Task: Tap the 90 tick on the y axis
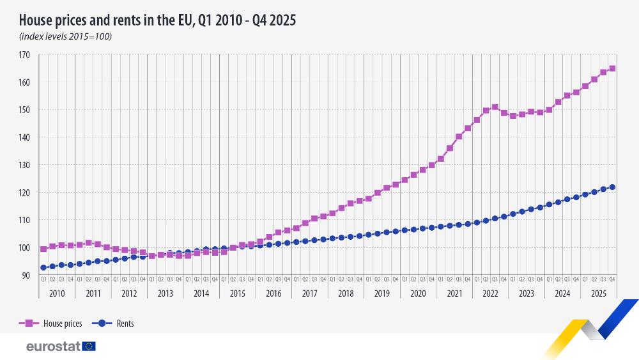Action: pos(26,275)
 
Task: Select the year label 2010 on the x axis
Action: pos(57,293)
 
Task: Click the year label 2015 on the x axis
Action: pos(237,293)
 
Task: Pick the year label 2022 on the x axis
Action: pos(490,293)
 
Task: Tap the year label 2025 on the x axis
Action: pos(598,293)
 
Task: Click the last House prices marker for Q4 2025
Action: pos(612,68)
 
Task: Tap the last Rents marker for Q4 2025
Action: pos(612,187)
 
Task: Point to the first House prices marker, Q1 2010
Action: pos(43,249)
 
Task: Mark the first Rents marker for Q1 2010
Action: pos(43,267)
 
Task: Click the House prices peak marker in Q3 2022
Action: pos(495,107)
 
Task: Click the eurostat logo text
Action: pos(53,346)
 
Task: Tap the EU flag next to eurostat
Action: pos(88,346)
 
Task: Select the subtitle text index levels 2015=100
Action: pos(65,36)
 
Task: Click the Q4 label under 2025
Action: pos(612,279)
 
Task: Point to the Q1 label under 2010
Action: pos(43,279)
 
